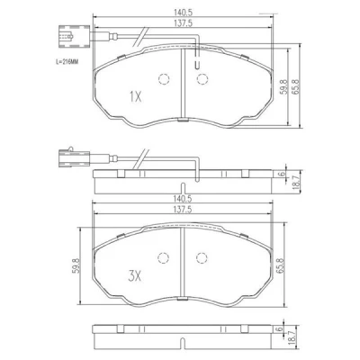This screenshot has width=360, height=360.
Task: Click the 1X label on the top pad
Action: pyautogui.click(x=135, y=97)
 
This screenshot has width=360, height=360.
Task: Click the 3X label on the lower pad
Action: pyautogui.click(x=134, y=276)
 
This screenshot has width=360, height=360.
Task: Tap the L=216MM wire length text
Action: pyautogui.click(x=67, y=62)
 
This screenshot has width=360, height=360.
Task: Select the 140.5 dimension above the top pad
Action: pyautogui.click(x=183, y=13)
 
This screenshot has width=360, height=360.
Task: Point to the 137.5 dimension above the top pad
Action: pyautogui.click(x=183, y=23)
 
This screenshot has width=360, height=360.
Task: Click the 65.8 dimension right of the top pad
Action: pyautogui.click(x=295, y=87)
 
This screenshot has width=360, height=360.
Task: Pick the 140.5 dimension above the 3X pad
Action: pyautogui.click(x=183, y=198)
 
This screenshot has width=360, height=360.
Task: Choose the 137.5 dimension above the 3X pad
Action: pyautogui.click(x=183, y=210)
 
